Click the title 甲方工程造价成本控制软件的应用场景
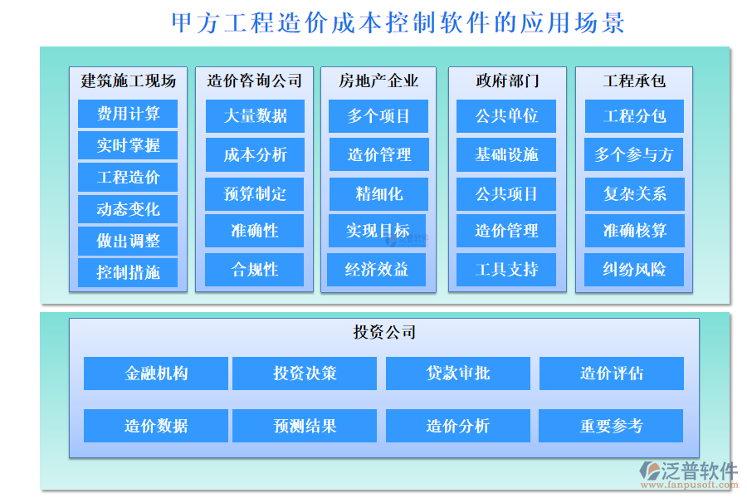coord(398,22)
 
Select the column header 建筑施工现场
coord(128,81)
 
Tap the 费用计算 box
coord(128,114)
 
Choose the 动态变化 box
coord(128,209)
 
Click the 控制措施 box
coord(128,272)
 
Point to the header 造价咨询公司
coord(255,81)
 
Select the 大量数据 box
coord(255,116)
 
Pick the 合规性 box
coord(255,270)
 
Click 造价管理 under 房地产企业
coord(378,154)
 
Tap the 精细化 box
coord(378,193)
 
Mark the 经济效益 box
coord(378,270)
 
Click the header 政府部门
coord(507,81)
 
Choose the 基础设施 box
coord(506,154)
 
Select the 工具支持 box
coord(506,270)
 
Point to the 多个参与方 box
coord(634,154)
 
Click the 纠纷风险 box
coord(634,270)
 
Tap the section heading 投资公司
coord(384,333)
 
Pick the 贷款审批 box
coord(458,373)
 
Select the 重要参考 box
coord(611,426)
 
